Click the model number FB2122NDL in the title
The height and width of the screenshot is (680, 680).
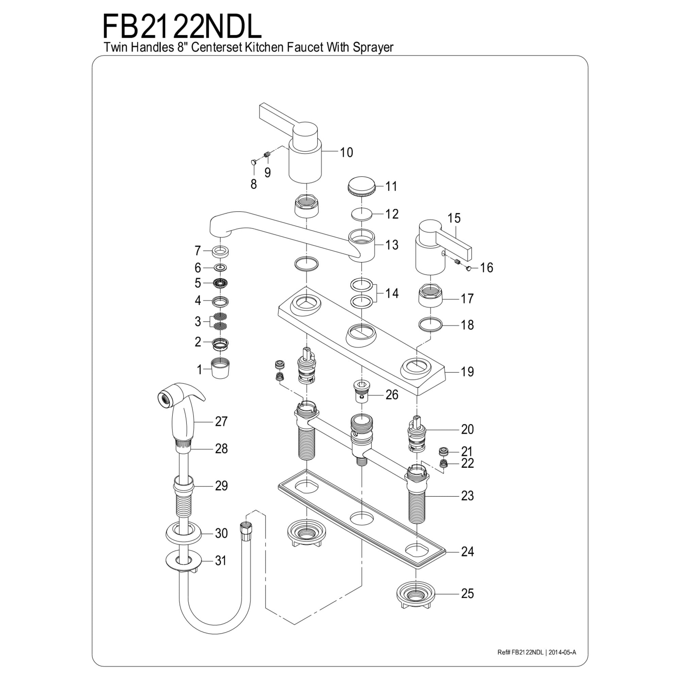point(182,27)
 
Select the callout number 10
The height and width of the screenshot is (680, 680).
point(346,152)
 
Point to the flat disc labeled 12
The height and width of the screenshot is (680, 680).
point(362,214)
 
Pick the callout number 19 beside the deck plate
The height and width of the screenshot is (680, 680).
point(468,372)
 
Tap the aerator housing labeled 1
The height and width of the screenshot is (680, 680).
point(220,368)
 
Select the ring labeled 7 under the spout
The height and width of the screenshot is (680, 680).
point(220,251)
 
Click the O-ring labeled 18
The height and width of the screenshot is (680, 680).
point(430,324)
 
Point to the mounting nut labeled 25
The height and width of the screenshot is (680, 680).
point(416,594)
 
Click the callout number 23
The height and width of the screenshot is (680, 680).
point(468,496)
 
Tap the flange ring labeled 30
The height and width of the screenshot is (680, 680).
point(183,533)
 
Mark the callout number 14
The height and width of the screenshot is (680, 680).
point(392,293)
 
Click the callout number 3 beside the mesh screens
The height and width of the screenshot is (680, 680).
point(198,321)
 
